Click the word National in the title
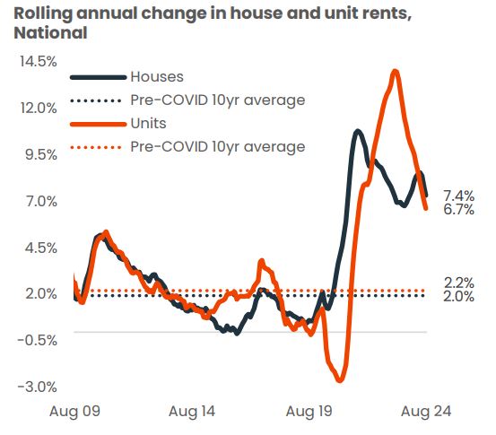tap(50, 33)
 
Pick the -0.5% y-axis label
tap(37, 340)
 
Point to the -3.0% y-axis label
tap(37, 387)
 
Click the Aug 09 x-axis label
tap(73, 412)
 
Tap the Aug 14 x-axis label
tap(191, 412)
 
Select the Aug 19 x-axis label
tap(309, 412)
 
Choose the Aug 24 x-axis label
tap(426, 412)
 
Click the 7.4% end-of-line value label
tap(458, 196)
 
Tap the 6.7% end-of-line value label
tap(458, 210)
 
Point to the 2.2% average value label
tap(458, 283)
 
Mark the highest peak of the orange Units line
tap(395, 72)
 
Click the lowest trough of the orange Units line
tap(340, 379)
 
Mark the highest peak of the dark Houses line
tap(357, 132)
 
